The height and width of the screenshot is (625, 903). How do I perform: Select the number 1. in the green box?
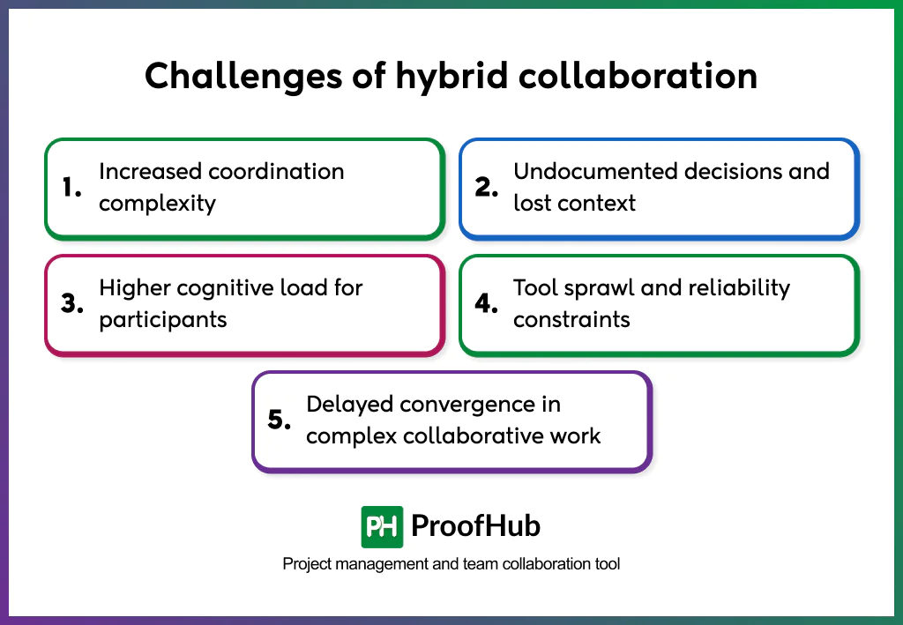72,187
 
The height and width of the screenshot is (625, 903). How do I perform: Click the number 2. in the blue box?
488,187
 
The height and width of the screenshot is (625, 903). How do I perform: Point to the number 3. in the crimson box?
72,303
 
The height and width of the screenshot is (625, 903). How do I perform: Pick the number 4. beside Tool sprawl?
488,303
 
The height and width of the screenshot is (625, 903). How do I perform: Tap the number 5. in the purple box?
280,420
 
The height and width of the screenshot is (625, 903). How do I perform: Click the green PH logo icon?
382,527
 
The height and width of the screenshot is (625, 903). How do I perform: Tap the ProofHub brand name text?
475,526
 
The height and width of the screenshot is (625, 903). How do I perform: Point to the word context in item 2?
600,203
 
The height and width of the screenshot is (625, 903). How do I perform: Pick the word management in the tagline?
374,563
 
